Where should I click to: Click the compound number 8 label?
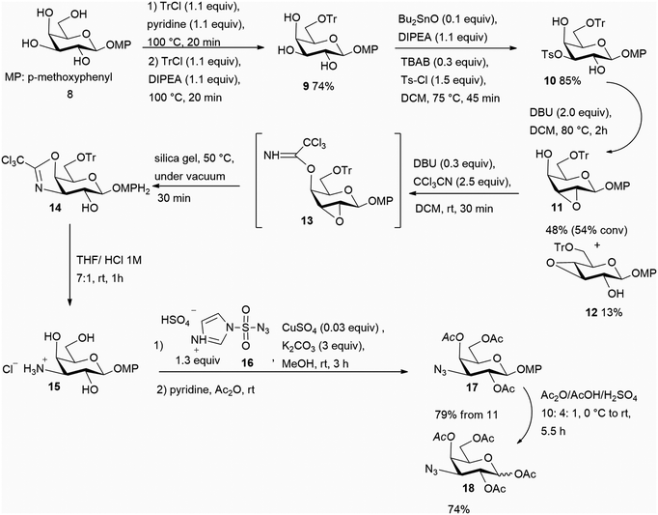[69, 94]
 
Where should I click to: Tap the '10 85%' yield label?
[562, 81]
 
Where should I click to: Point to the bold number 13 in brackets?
[307, 220]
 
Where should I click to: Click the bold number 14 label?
[55, 208]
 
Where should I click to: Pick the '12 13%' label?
[604, 312]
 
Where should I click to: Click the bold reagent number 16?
[247, 362]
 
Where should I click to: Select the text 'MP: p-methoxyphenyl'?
[59, 77]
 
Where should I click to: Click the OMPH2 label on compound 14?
[130, 189]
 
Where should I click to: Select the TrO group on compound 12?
[563, 247]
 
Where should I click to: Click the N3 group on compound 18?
[432, 469]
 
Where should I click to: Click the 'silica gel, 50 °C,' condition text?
[194, 159]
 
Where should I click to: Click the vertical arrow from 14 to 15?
[69, 265]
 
